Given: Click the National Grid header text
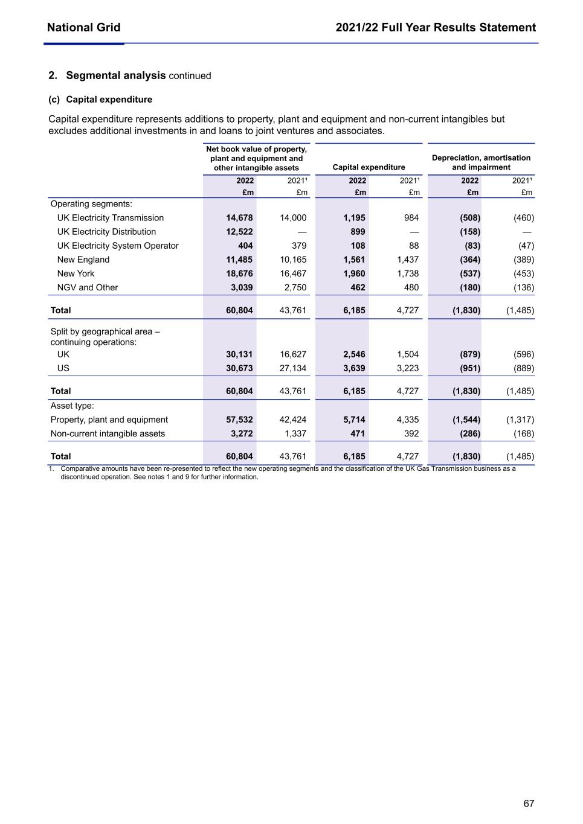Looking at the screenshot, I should point(83,28).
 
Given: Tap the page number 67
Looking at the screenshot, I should point(529,803).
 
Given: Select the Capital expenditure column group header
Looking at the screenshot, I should point(369,167).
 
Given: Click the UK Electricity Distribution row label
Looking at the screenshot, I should point(106,232).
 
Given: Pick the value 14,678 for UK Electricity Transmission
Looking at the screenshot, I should point(239,218).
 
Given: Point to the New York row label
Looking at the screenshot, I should point(76,273).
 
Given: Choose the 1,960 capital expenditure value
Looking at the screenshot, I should point(354,273).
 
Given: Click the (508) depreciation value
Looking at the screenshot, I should point(470,218).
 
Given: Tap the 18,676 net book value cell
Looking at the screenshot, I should point(239,273).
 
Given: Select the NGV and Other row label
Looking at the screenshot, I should point(88,287).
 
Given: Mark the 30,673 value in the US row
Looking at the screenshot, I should point(239,368).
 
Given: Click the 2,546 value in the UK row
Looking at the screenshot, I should point(354,354).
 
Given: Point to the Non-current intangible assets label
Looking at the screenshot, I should point(108,433).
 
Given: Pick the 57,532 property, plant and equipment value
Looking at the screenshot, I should point(239,420).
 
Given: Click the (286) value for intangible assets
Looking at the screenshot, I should point(470,433).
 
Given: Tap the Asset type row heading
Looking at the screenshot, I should point(72,406).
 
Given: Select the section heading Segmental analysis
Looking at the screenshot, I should point(115,75).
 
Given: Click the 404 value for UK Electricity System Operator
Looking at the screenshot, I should point(245,246).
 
